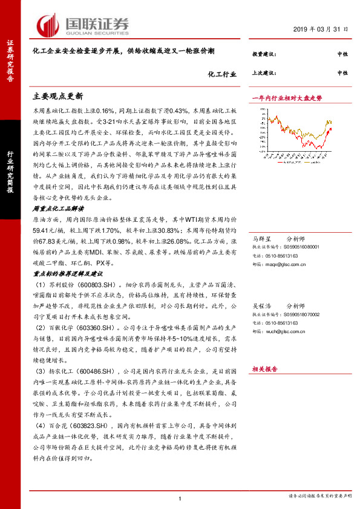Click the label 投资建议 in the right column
click(264, 54)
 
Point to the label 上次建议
click(264, 73)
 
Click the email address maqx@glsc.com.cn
click(287, 264)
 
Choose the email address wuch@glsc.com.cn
click(287, 331)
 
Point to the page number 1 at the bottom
click(180, 498)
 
